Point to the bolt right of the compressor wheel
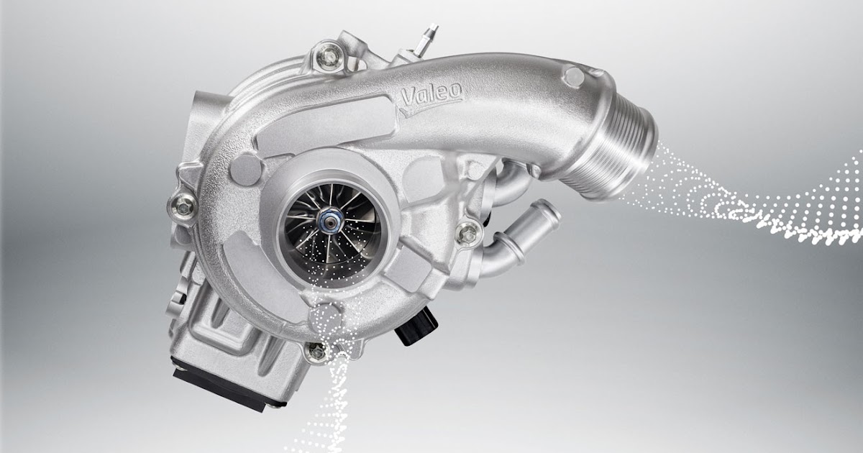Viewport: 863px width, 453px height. tap(468, 231)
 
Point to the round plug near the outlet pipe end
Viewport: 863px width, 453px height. tap(573, 76)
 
